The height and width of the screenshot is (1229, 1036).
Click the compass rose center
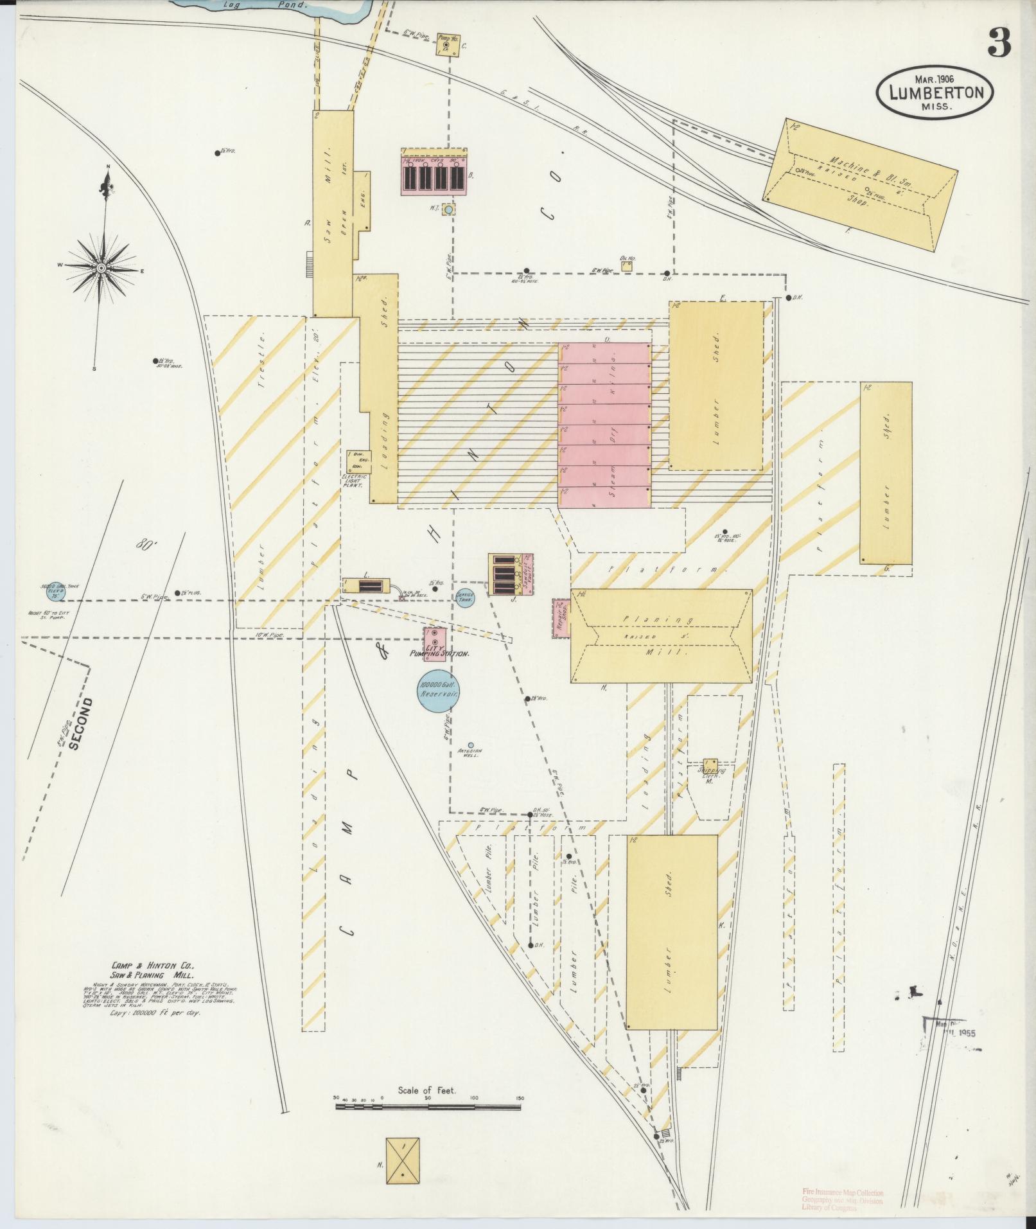[101, 267]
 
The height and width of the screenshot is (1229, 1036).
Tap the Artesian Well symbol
[471, 746]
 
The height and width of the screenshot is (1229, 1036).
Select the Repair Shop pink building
[561, 618]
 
